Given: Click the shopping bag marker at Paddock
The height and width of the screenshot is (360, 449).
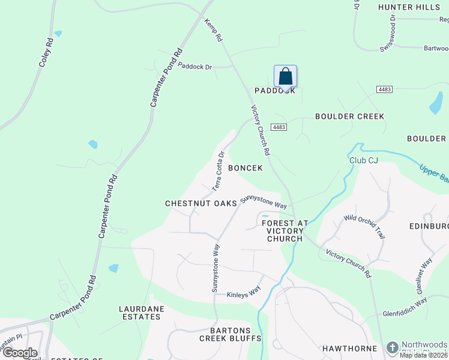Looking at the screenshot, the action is [286, 77].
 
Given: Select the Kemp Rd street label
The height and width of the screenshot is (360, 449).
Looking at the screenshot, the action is [214, 29].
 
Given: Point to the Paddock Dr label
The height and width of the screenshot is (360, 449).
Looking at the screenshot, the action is [196, 67].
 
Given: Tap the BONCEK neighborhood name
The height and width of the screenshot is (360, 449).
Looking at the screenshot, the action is [245, 169].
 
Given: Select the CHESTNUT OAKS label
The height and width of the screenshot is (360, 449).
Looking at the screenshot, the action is [200, 204].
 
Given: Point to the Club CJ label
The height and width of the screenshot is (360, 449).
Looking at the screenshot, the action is [364, 160].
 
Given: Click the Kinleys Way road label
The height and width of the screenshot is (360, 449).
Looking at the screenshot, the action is [244, 295].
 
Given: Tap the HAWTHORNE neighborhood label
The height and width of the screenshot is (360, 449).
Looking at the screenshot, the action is [349, 348].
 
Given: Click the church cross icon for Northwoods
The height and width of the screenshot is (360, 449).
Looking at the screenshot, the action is [393, 347].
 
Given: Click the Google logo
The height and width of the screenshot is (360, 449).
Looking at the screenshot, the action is [19, 353].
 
